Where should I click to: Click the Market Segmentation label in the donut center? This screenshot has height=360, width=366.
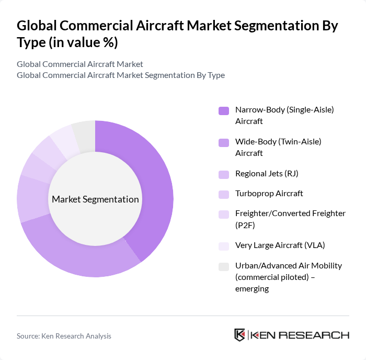click(95, 199)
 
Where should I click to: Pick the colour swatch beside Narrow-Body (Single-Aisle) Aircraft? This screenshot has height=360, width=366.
click(223, 110)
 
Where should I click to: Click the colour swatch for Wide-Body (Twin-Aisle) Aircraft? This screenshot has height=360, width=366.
click(223, 142)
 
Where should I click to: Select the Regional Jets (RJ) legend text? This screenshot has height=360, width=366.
click(266, 173)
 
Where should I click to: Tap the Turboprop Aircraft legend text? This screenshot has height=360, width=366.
click(269, 194)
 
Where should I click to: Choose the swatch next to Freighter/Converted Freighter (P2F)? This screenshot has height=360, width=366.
click(223, 214)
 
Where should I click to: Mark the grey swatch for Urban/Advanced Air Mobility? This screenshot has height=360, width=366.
click(223, 266)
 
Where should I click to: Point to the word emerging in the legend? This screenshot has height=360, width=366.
click(251, 288)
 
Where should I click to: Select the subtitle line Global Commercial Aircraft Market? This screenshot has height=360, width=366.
click(80, 64)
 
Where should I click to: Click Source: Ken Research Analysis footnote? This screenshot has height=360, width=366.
click(64, 336)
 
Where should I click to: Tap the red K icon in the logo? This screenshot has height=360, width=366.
click(239, 335)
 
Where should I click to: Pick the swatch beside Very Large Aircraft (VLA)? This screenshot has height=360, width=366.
click(223, 245)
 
